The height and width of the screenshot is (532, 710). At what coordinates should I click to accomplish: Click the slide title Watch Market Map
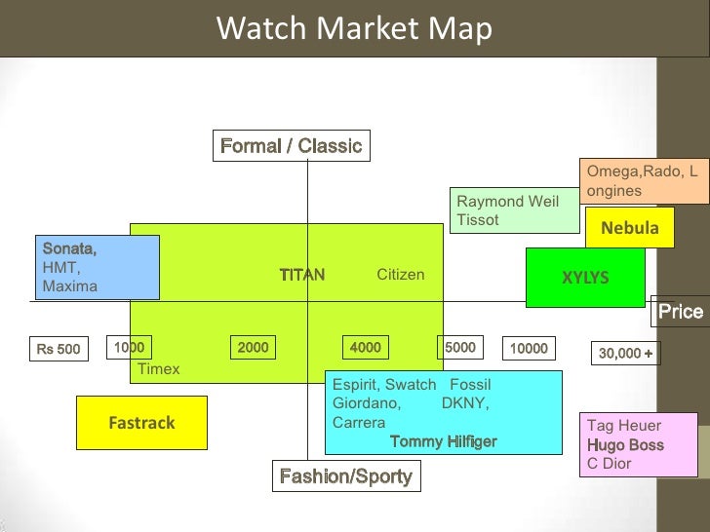click(x=354, y=29)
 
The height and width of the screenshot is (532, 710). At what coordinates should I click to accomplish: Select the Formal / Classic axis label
click(x=291, y=147)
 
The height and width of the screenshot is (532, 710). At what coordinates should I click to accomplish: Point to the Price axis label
click(x=680, y=312)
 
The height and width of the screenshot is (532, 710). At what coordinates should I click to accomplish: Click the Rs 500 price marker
click(x=59, y=349)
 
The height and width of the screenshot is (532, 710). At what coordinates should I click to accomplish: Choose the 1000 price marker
click(x=129, y=347)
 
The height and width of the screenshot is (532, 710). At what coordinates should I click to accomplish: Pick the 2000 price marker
click(x=253, y=347)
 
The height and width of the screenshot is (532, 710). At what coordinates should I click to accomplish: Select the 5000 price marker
click(x=459, y=347)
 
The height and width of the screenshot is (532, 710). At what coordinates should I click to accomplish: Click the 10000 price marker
click(x=529, y=348)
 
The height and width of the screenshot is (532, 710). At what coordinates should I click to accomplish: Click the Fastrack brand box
click(x=142, y=424)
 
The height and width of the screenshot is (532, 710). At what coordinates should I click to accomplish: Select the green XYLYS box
click(x=585, y=278)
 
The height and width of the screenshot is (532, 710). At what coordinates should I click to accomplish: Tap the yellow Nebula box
click(x=630, y=229)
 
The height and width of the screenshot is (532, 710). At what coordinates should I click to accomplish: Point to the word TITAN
click(x=301, y=275)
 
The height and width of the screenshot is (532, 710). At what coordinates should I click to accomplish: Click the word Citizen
click(x=401, y=275)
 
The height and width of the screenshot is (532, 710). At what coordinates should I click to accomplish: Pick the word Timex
click(x=159, y=369)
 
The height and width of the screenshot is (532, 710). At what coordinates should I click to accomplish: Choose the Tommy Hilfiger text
click(x=443, y=441)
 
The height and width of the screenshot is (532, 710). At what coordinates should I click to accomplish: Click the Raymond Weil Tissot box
click(x=514, y=210)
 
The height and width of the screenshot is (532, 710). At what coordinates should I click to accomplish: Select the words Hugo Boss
click(x=625, y=445)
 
